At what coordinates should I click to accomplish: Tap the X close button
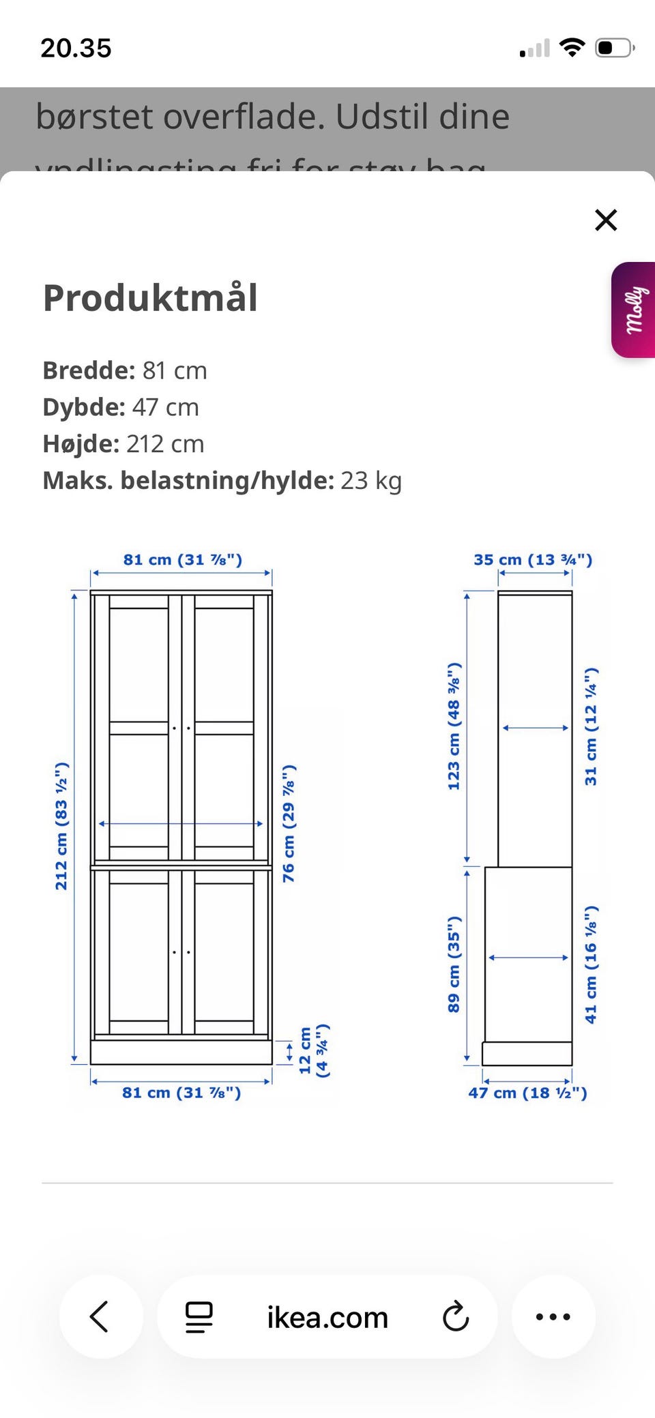(x=605, y=220)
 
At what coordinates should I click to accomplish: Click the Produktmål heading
(x=150, y=298)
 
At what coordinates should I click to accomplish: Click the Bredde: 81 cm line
(x=125, y=370)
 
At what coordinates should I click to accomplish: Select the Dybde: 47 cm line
(x=121, y=407)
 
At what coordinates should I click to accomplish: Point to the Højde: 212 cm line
(x=123, y=444)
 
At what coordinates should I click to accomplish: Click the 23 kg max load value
(x=371, y=481)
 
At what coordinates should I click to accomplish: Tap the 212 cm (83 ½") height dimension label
(x=61, y=826)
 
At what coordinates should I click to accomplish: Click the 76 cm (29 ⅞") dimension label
(x=289, y=823)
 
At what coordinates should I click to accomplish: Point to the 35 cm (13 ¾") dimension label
(x=533, y=560)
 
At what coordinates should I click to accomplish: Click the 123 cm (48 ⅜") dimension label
(x=454, y=726)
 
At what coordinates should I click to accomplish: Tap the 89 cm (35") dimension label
(x=454, y=964)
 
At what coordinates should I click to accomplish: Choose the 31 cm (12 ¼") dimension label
(x=591, y=726)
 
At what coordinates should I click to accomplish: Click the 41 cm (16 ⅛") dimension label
(x=591, y=964)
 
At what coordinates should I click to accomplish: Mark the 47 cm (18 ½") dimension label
(x=527, y=1093)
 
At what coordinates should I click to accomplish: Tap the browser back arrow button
(x=100, y=1316)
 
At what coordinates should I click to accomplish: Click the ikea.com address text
(x=327, y=1318)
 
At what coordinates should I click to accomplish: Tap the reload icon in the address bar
(x=456, y=1316)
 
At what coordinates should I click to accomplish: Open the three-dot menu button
(x=553, y=1316)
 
